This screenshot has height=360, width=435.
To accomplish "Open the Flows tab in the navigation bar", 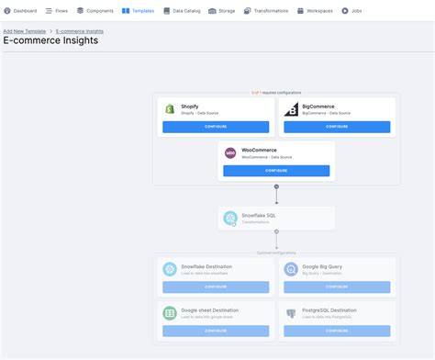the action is click(x=57, y=11).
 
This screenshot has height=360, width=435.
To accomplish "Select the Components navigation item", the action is click(x=95, y=11).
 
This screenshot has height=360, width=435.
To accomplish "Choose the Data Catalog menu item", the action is click(x=183, y=11).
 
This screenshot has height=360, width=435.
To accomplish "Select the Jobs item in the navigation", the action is click(x=351, y=11).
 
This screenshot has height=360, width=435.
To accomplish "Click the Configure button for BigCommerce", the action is click(x=337, y=127).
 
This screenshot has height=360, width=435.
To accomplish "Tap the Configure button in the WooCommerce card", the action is click(x=276, y=171).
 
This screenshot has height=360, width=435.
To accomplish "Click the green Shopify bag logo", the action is click(x=170, y=109).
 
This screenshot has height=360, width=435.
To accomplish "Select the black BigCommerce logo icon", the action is click(x=291, y=109).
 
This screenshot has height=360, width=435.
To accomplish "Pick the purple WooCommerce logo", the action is click(x=230, y=153).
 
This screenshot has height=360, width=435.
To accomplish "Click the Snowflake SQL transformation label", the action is click(x=259, y=216).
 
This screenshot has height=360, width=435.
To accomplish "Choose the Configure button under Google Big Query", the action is click(x=337, y=287).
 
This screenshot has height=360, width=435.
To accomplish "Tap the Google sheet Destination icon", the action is click(x=170, y=313).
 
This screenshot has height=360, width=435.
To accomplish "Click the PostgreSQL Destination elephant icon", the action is click(x=291, y=313).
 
